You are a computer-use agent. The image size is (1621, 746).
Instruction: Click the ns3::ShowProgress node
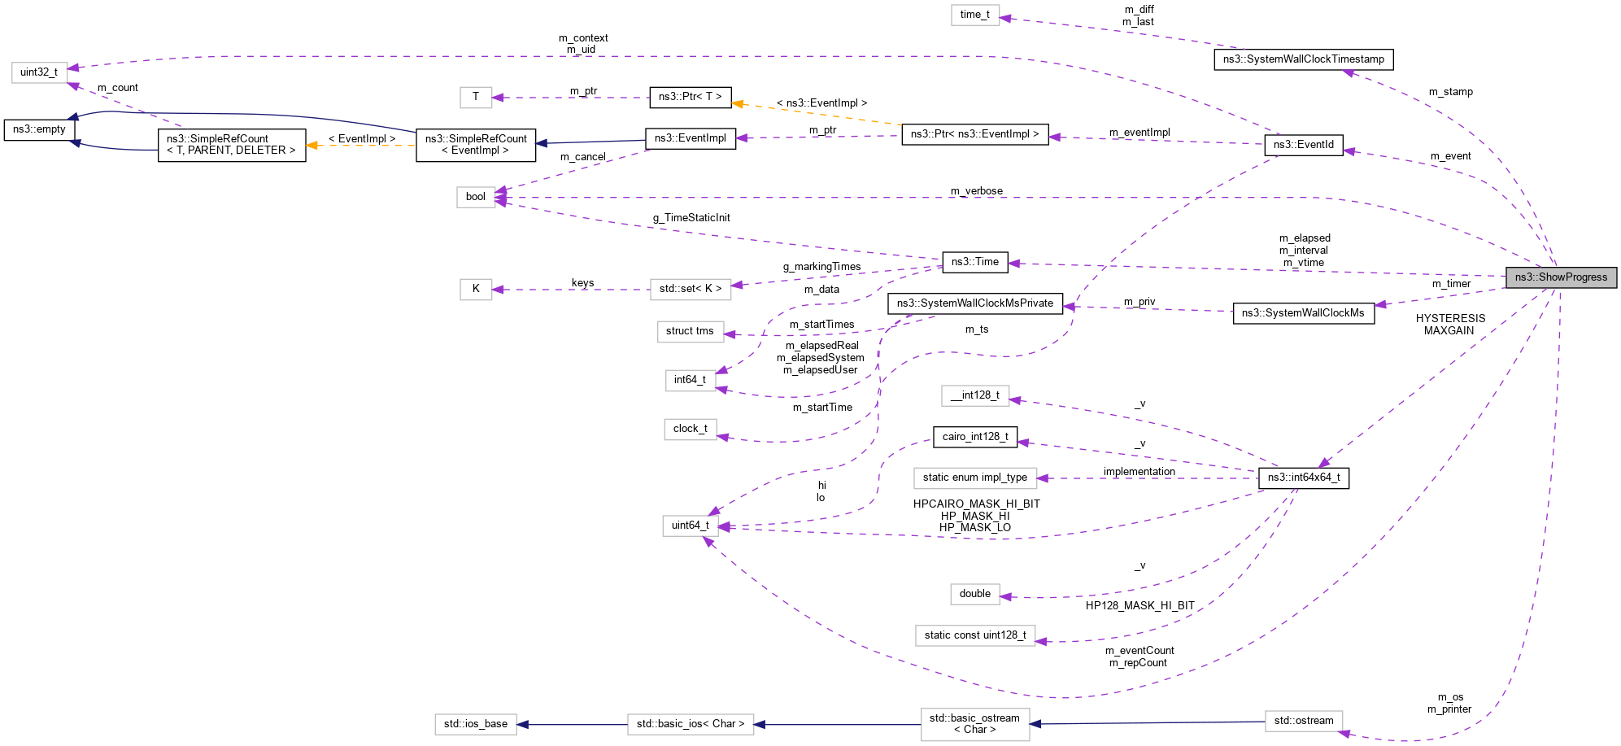pos(1561,277)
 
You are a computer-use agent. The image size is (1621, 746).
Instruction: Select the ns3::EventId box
pos(1303,145)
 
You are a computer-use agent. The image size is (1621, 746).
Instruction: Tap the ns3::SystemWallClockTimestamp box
pos(1303,59)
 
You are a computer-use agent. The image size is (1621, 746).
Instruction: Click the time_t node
pos(974,15)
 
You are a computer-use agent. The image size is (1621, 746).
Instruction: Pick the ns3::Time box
pos(974,262)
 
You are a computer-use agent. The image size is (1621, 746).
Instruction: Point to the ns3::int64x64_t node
pos(1303,478)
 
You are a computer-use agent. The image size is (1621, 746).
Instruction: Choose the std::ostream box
pos(1303,721)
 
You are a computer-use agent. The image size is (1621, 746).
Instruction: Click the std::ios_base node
pos(475,724)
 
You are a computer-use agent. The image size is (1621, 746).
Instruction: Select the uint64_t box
pos(690,526)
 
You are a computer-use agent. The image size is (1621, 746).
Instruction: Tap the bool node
pos(475,197)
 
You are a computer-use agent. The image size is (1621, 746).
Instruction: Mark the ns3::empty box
pos(39,129)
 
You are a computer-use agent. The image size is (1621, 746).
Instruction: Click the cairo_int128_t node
pos(974,437)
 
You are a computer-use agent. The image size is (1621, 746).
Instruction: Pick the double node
pos(974,594)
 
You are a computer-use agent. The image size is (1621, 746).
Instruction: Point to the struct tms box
pos(689,331)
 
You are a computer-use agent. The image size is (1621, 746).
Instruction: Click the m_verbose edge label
pos(976,191)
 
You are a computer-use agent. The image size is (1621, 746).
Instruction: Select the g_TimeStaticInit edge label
pos(691,218)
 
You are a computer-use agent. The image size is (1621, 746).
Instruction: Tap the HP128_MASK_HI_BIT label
pos(1139,606)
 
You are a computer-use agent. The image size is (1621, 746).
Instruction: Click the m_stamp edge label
pos(1450,92)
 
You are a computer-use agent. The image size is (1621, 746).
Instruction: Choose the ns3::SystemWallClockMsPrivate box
pos(974,303)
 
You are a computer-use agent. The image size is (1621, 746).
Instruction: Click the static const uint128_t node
pos(974,635)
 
